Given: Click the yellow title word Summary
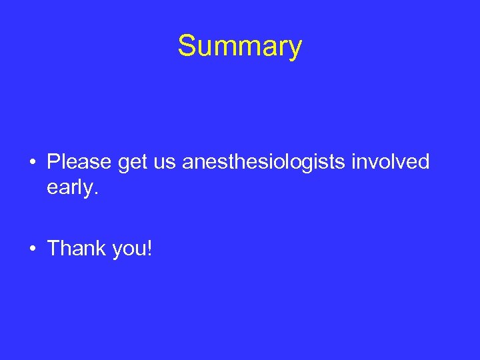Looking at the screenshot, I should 239,47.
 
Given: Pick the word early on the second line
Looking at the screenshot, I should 70,189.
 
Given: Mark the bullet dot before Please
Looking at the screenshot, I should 32,163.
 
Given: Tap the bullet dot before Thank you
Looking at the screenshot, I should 32,249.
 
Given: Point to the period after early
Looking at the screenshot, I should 96,194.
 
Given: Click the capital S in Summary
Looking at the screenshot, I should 187,46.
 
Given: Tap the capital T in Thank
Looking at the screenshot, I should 53,249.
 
